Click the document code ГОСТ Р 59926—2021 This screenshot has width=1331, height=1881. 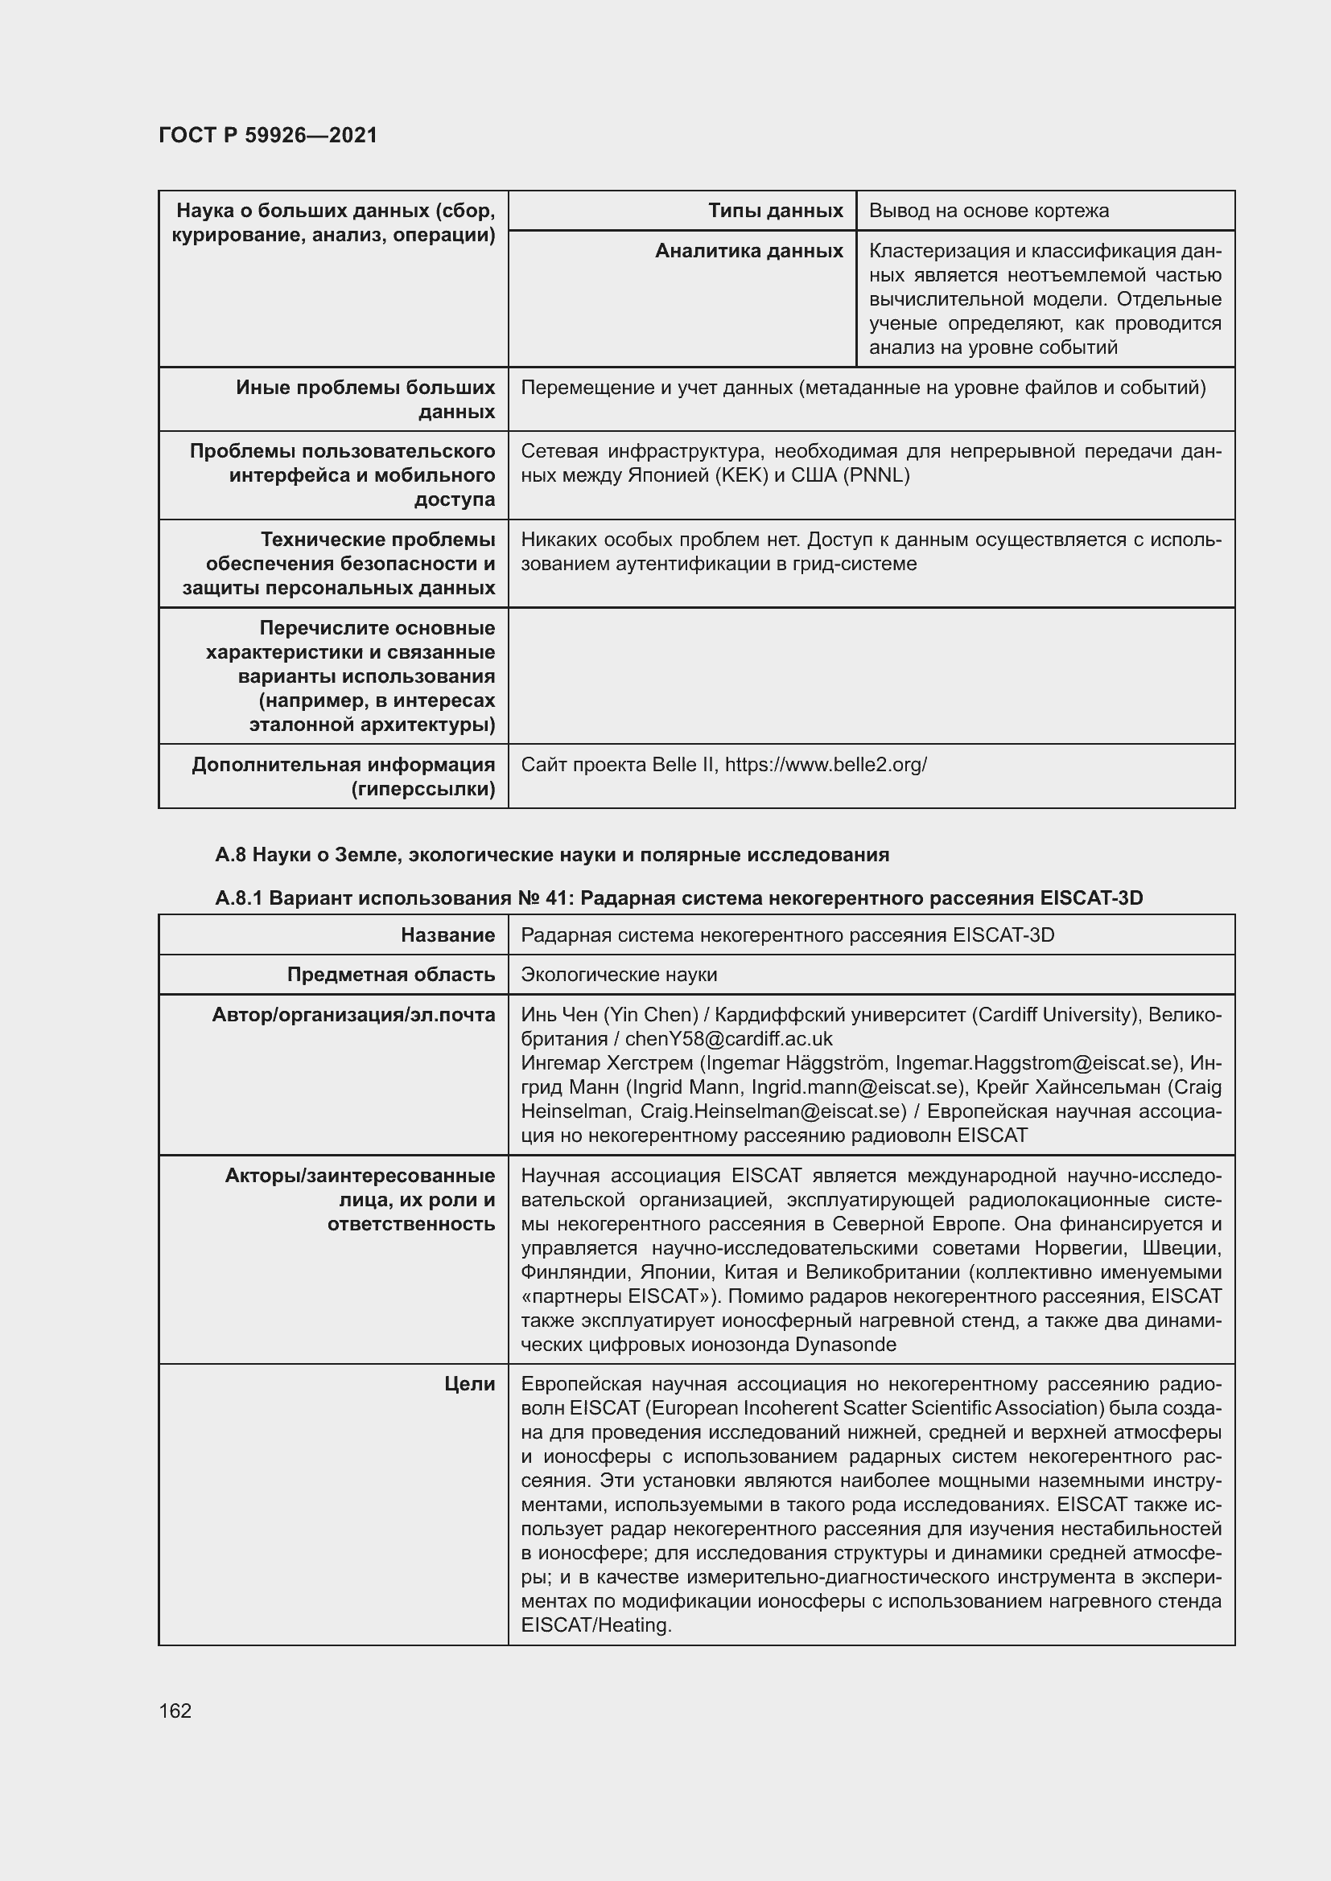pos(268,136)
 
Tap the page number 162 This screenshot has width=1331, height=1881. pos(175,1711)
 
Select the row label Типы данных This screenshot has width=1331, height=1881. pos(775,212)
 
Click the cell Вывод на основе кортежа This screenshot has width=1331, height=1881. pos(988,212)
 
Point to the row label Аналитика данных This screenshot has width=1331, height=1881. pos(748,252)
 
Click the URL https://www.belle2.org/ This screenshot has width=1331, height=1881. pos(826,765)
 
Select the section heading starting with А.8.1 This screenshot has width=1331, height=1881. pos(678,899)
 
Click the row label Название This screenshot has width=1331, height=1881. pos(447,935)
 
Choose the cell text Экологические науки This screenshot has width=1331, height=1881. pos(619,975)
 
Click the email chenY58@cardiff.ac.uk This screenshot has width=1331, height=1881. pos(728,1040)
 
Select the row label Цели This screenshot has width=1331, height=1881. pos(470,1385)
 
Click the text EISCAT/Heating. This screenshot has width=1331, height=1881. pos(595,1625)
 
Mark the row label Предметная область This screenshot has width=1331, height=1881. pos(391,975)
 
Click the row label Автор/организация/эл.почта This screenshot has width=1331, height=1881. pos(353,1016)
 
